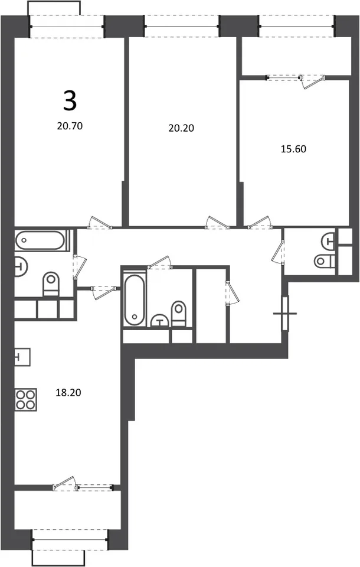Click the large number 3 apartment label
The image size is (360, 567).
pyautogui.click(x=70, y=100)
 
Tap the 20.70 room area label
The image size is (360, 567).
pyautogui.click(x=70, y=126)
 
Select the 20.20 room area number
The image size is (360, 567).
pyautogui.click(x=181, y=128)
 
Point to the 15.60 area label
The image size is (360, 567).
pyautogui.click(x=293, y=149)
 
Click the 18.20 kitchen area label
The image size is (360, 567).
pyautogui.click(x=68, y=392)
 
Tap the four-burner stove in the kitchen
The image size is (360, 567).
pyautogui.click(x=25, y=400)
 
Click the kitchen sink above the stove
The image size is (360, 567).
pyautogui.click(x=22, y=357)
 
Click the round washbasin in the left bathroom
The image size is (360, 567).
pyautogui.click(x=21, y=266)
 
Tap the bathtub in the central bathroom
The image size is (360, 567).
pyautogui.click(x=135, y=300)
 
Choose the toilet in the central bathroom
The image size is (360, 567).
pyautogui.click(x=179, y=313)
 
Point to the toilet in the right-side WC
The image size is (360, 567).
pyautogui.click(x=325, y=260)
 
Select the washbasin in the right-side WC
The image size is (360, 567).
pyautogui.click(x=329, y=240)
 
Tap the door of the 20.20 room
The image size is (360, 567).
pyautogui.click(x=217, y=223)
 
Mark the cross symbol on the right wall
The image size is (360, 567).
pyautogui.click(x=285, y=313)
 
